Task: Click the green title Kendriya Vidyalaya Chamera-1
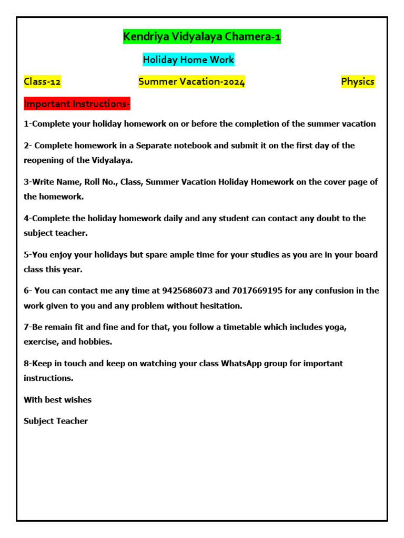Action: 201,37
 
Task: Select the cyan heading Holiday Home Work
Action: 188,60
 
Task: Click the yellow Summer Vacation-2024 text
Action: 191,81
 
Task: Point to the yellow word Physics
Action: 358,81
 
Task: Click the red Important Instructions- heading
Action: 77,104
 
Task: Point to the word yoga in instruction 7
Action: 336,327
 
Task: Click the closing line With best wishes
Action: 57,400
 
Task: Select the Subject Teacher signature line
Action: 56,421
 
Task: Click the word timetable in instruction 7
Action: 234,327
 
